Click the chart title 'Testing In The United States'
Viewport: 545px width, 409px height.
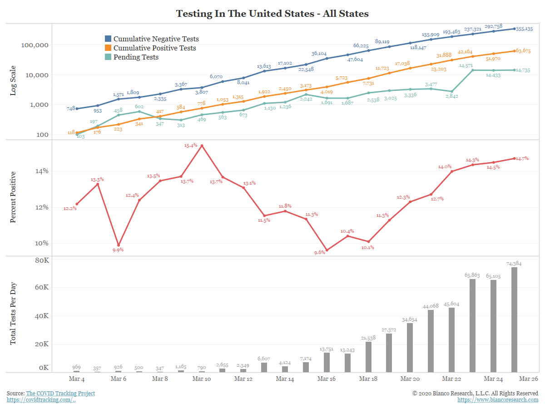point(272,14)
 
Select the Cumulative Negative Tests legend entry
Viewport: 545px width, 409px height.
point(156,39)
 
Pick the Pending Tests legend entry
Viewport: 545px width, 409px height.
point(136,57)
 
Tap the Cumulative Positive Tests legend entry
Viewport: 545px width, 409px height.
point(154,48)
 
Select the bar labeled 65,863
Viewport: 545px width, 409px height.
point(472,325)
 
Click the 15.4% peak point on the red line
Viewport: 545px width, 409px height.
point(202,146)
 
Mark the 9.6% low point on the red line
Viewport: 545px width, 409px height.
point(327,250)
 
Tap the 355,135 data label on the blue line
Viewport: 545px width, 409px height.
point(525,29)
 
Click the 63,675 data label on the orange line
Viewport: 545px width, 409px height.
point(525,51)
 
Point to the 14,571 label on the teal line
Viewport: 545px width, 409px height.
point(466,65)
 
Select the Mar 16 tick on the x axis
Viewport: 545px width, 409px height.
point(327,379)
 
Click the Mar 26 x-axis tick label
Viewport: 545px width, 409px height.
point(529,379)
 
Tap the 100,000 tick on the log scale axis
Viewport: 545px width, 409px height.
point(35,45)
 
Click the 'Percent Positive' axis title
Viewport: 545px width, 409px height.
point(13,197)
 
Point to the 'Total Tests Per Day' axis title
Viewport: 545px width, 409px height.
point(13,314)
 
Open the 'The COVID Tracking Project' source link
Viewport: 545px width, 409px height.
point(60,393)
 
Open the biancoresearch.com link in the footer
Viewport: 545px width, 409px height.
point(498,400)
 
